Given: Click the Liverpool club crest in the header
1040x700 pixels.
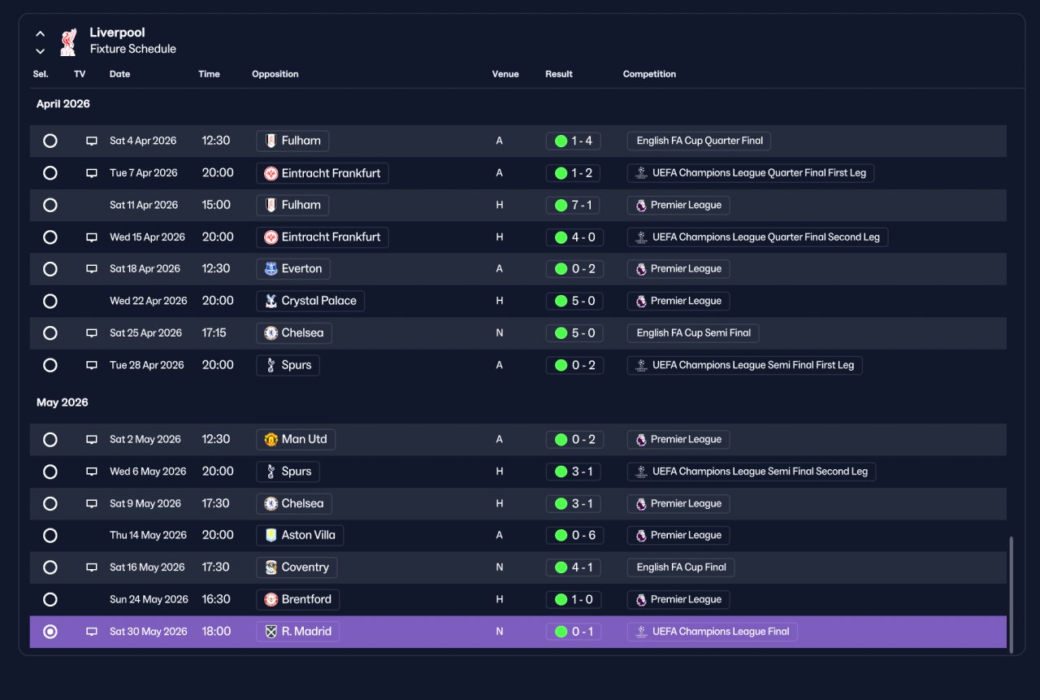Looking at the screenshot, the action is click(68, 41).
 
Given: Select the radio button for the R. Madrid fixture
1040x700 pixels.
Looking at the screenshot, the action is click(50, 632).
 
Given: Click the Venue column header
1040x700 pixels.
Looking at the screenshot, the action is click(505, 74).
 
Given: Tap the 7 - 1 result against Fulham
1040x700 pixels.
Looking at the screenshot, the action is click(573, 205).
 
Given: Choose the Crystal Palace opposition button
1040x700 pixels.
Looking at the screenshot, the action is click(310, 301).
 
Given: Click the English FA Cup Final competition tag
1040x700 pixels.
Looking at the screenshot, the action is click(681, 567).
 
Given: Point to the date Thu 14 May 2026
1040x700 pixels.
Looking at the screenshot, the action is click(148, 535).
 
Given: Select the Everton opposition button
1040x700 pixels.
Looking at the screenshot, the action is click(293, 269).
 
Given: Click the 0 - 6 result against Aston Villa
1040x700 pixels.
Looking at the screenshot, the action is click(574, 535).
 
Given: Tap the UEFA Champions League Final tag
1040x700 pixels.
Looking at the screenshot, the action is click(713, 632).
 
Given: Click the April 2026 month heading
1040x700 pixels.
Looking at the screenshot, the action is click(63, 103).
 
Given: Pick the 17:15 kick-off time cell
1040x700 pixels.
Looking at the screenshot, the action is click(214, 333).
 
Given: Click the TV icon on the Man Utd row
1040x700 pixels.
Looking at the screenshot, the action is click(92, 439).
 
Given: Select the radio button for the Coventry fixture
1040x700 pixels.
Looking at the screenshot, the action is click(50, 567).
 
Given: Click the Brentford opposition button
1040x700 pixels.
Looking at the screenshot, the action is click(297, 599).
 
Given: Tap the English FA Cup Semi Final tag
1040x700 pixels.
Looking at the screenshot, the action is click(693, 333).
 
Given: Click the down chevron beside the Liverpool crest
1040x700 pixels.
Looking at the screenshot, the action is click(41, 51).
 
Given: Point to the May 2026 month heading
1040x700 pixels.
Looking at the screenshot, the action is click(63, 402).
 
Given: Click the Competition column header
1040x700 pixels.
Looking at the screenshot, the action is click(649, 74).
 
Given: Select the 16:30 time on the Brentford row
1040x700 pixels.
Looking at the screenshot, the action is click(216, 599).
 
